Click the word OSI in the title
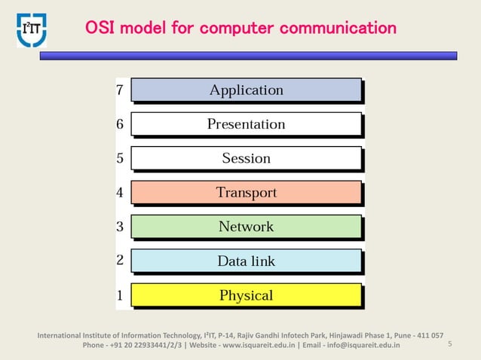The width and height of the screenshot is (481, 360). tap(100, 29)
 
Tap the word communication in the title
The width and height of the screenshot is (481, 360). tap(338, 29)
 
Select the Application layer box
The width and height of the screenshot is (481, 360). tap(246, 90)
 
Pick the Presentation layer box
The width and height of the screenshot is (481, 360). tap(246, 124)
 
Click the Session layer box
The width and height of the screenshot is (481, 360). tap(246, 158)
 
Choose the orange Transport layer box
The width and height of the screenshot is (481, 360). tap(246, 192)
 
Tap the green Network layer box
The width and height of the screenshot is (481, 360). tap(246, 226)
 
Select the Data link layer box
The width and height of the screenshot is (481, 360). tap(246, 261)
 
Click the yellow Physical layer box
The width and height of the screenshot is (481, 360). tap(246, 295)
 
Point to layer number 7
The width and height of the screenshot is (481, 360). tap(120, 90)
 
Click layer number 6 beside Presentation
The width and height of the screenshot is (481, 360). tap(120, 124)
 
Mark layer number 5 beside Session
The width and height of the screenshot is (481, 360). tap(120, 158)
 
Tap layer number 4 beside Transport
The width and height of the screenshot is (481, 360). tap(120, 192)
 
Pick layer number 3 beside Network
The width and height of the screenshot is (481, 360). tap(120, 226)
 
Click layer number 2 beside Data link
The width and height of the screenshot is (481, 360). tap(120, 261)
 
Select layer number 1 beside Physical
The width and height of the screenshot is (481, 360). tap(120, 295)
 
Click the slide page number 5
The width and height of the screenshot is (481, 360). tap(449, 344)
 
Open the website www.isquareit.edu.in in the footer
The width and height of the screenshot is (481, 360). tap(256, 346)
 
